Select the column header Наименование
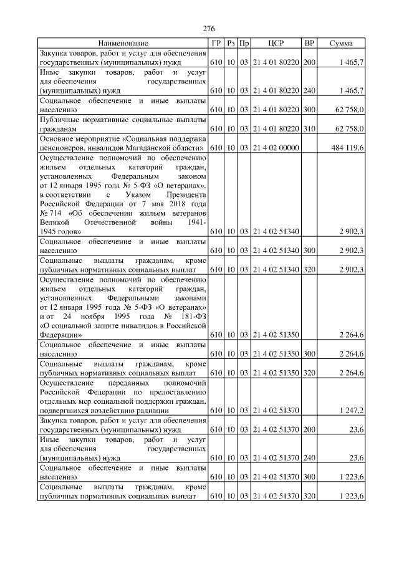123,43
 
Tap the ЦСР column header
276,43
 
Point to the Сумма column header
341,43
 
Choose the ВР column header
309,43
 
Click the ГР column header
216,43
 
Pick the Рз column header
231,43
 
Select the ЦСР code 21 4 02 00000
276,147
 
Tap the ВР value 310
309,128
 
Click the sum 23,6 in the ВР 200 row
356,429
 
